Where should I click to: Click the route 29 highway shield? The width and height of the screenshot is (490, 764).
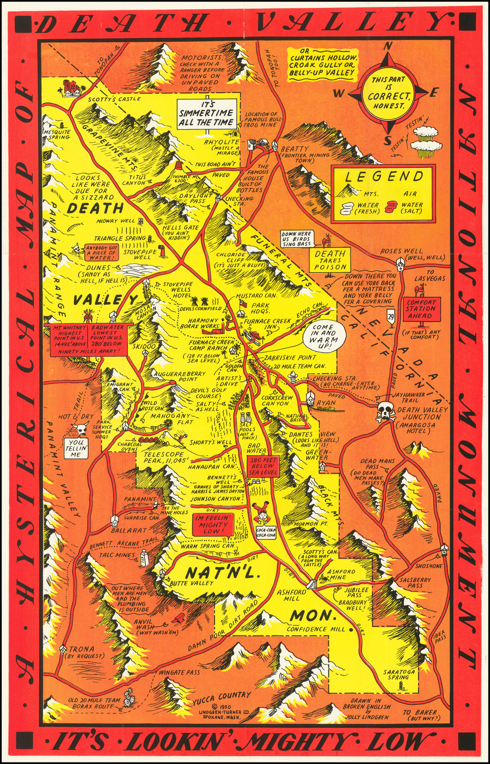click(391, 316)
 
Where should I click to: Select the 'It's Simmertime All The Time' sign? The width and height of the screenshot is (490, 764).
click(206, 114)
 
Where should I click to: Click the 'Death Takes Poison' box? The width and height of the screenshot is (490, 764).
click(330, 260)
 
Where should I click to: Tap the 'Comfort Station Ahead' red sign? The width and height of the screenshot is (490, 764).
click(421, 309)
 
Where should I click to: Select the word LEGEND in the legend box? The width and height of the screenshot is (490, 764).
click(384, 176)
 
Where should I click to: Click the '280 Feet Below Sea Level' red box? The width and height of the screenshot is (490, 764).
click(262, 466)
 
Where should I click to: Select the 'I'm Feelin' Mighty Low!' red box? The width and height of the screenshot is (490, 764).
click(211, 524)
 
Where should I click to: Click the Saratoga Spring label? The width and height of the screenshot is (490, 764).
click(398, 674)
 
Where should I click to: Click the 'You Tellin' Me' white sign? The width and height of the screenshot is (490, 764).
click(76, 448)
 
